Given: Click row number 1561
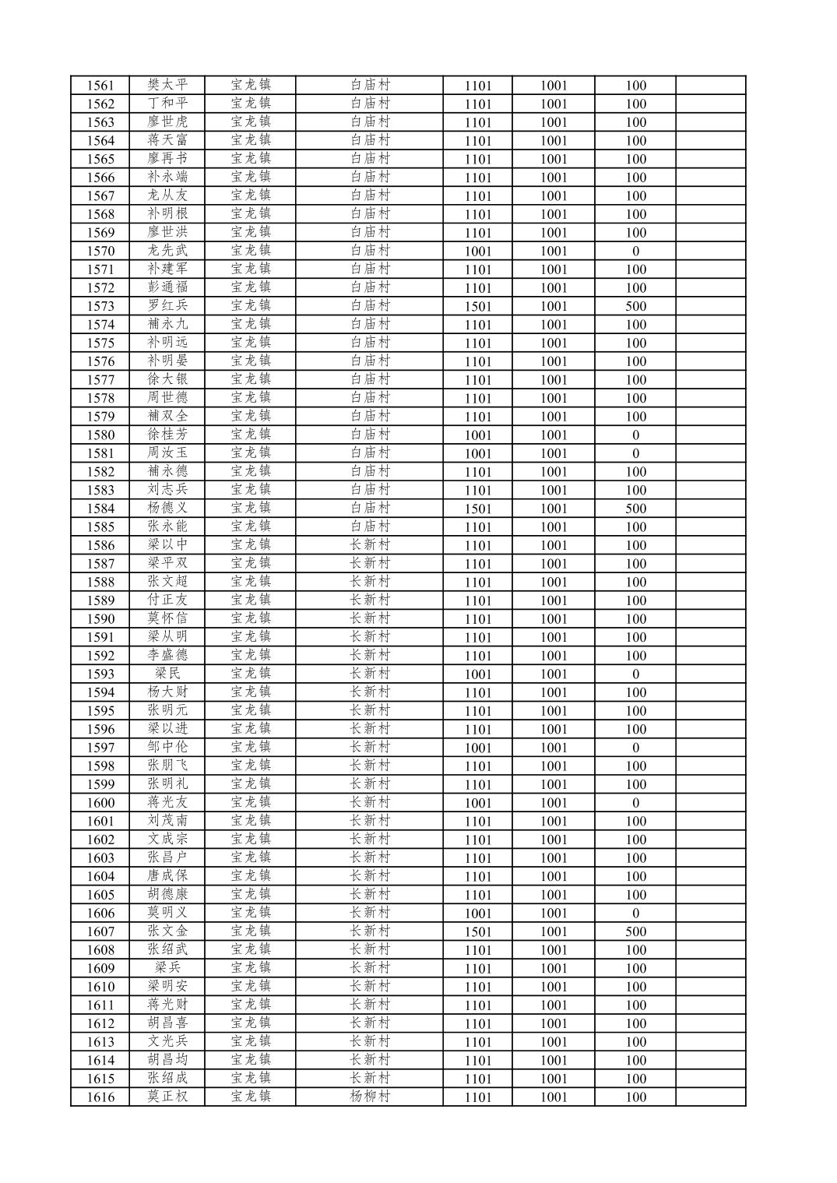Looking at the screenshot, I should point(100,86).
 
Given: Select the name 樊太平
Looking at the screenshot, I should point(167,85).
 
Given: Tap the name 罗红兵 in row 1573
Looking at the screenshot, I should point(167,305).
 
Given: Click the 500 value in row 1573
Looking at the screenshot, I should point(635,306).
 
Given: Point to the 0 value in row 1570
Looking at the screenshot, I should point(635,251).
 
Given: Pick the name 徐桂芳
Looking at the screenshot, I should point(167,435).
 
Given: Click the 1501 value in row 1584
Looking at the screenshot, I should point(477,509).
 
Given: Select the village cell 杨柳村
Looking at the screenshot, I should point(369,1097).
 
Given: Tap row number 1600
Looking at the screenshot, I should point(100,803).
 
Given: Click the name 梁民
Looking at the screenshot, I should point(167,674).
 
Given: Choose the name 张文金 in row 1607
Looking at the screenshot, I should point(167,931).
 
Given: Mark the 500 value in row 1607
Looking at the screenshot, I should point(635,931).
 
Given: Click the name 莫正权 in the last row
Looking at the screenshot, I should point(167,1097).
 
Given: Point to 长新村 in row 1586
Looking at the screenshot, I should point(369,545).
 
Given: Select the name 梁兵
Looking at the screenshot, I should point(167,968).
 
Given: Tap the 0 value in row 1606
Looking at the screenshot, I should point(635,913).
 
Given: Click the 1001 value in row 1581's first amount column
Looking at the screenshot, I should point(477,453).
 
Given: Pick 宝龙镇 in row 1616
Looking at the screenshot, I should point(251,1097).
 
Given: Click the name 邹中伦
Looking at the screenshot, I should point(167,747).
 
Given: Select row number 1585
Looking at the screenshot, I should point(100,527).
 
